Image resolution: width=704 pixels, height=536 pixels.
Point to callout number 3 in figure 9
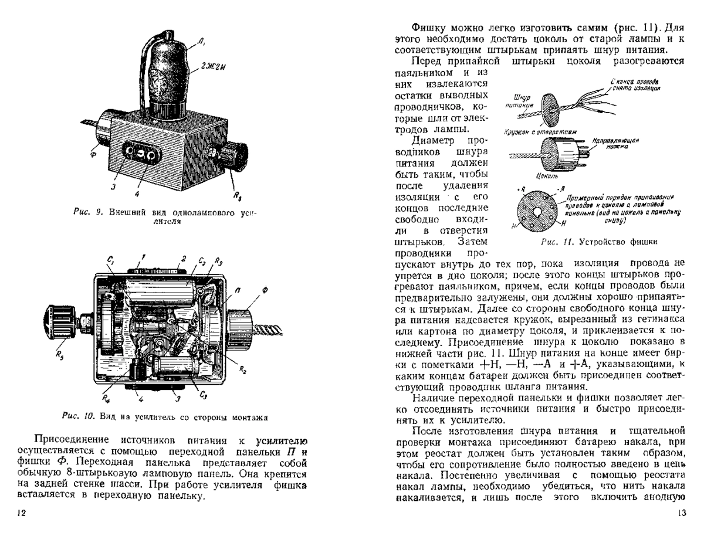coord(114,186)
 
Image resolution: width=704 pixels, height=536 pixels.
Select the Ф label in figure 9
coord(93,155)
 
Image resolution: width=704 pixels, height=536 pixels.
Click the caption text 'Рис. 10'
coord(75,417)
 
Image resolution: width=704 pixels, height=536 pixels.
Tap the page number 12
coord(22,513)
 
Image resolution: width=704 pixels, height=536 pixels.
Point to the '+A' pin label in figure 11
coord(561,188)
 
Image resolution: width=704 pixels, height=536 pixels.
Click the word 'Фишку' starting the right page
coord(428,27)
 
